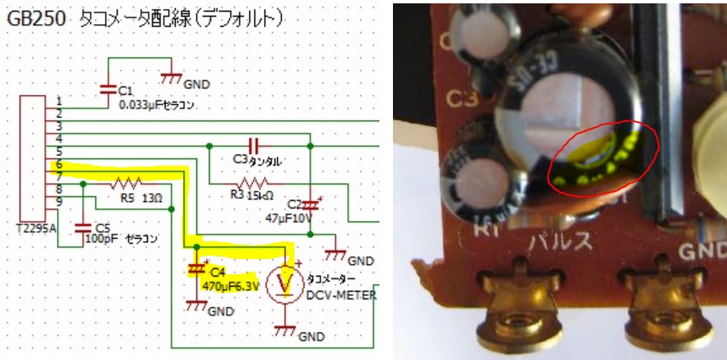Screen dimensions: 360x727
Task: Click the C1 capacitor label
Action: tap(126, 90)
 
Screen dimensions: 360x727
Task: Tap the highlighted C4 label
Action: tap(218, 271)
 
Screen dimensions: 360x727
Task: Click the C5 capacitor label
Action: tap(103, 227)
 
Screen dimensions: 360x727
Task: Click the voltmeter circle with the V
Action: tap(286, 285)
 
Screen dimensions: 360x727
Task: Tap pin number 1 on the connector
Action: tap(58, 102)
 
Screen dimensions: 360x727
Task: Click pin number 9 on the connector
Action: tap(58, 203)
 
